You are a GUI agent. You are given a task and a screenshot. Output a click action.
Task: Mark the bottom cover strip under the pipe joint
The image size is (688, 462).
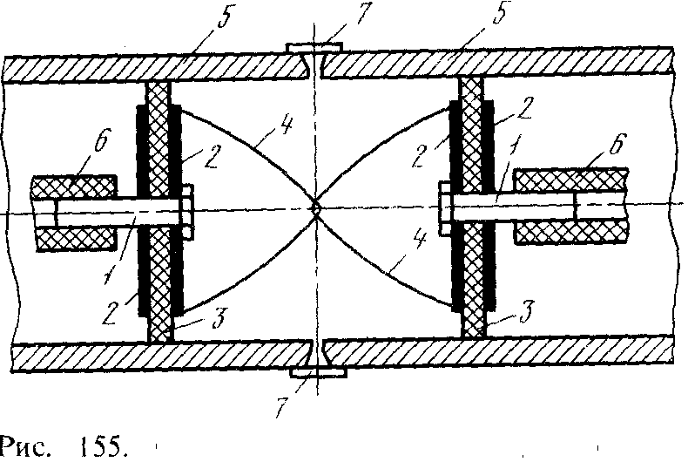(318, 372)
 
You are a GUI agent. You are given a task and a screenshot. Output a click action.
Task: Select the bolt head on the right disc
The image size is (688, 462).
(445, 207)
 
